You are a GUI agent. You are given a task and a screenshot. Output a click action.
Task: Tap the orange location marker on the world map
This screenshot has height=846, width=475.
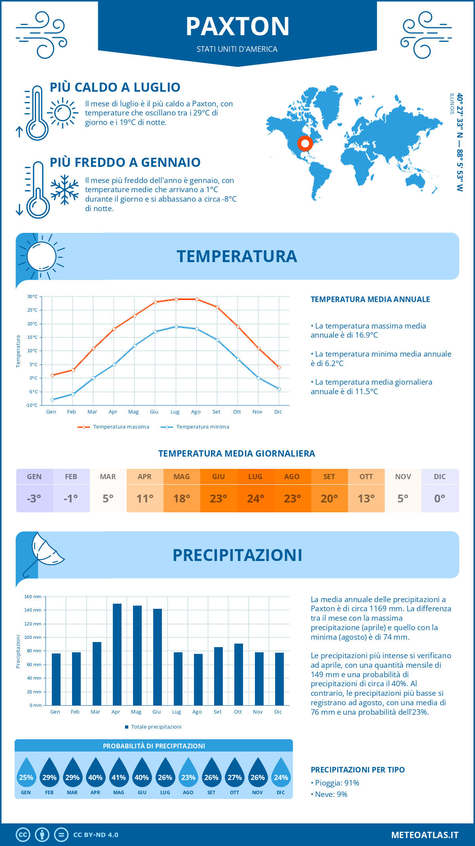[x=305, y=143]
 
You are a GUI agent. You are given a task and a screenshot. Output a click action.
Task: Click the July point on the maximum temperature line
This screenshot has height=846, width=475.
[x=176, y=299]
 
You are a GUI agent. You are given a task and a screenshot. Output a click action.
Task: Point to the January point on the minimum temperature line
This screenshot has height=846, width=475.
[x=52, y=400]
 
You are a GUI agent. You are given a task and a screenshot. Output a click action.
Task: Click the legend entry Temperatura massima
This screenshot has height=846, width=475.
[x=114, y=427]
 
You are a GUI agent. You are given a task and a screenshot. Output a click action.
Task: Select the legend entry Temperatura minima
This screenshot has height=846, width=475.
[x=196, y=427]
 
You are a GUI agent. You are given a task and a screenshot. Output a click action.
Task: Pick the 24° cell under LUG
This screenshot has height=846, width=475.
[x=255, y=499]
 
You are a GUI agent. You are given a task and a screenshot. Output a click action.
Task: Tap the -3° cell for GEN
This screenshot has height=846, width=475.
[x=34, y=499]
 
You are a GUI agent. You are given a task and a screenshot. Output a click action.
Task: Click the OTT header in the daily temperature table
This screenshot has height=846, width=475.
[x=366, y=477]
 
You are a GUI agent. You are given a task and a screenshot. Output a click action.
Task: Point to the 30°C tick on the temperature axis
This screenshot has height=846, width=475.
[x=32, y=296]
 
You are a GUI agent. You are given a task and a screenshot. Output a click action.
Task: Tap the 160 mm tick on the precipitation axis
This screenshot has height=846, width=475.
[x=33, y=597]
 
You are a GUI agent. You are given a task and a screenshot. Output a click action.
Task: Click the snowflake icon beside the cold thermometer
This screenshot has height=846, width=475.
[x=65, y=190]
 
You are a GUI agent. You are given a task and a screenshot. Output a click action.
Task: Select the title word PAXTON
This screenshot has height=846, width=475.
[x=237, y=26]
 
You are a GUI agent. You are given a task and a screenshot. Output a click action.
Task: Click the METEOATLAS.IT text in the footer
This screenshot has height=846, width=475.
[x=425, y=835]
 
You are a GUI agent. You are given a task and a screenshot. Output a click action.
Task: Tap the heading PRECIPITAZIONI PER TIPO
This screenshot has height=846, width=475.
[x=358, y=770]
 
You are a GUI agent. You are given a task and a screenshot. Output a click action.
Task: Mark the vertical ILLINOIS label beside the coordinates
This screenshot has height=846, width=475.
[x=452, y=104]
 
